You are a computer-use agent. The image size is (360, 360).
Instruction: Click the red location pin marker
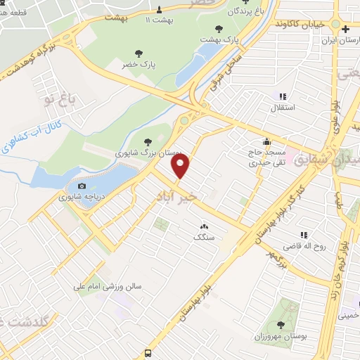coord(181,166)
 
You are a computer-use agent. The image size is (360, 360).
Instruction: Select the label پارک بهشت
coord(219,40)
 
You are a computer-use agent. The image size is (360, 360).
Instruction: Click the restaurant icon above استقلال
coord(282,96)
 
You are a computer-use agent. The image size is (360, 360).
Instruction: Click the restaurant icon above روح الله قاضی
coord(304,235)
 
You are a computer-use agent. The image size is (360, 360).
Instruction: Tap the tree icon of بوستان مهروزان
coord(281,324)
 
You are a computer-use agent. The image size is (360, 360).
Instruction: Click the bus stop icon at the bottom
coord(148,353)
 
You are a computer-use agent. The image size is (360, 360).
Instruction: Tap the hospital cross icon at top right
coord(345,30)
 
